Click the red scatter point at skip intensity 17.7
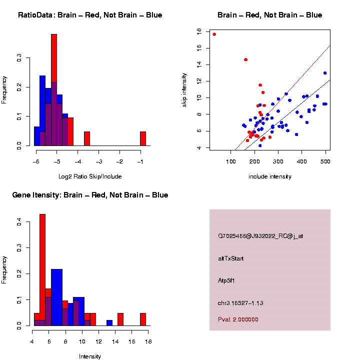coord(214,34)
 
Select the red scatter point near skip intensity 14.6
coord(245,59)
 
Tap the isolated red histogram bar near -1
coord(143,138)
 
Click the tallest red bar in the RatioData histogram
coord(54,90)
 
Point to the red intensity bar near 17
coord(143,319)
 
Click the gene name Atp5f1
coord(226,280)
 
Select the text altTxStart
coord(231,258)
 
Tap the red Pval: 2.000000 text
coord(238,319)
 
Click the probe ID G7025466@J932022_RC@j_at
coord(260,235)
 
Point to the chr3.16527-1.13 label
coord(240,303)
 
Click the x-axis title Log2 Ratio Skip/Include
coord(90,176)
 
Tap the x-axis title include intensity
coord(270,176)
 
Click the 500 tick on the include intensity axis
coord(325,161)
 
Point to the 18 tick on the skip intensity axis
coord(199,31)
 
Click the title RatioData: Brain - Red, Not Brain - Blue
coord(90,15)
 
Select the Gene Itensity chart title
coord(90,195)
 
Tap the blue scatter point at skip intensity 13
coord(325,73)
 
